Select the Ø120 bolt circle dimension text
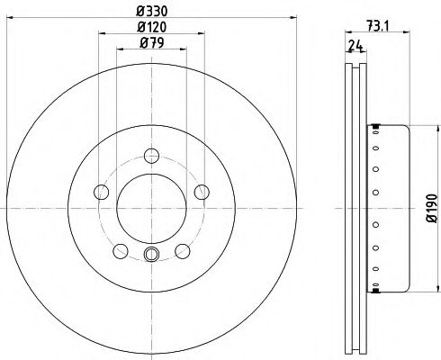click(151, 30)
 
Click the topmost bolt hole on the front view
click(151, 153)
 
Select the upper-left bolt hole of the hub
click(101, 190)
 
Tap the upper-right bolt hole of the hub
click(202, 190)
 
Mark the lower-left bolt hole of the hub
click(120, 249)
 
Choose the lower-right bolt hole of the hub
click(183, 249)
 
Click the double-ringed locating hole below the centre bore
click(151, 254)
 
